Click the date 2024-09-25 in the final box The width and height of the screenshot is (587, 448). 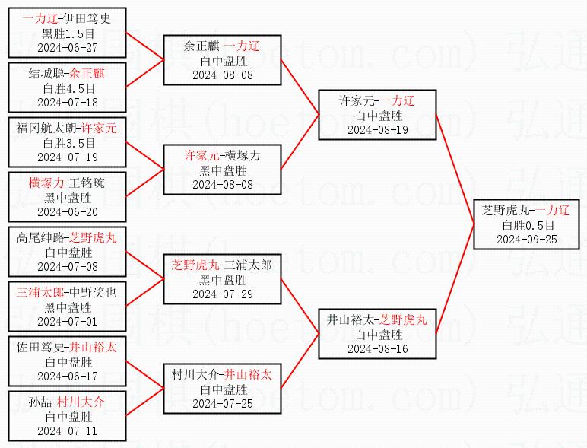(527, 239)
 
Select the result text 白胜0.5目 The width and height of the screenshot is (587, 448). (527, 225)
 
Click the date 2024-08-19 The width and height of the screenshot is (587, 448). (377, 130)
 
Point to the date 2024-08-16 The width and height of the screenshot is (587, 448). (377, 348)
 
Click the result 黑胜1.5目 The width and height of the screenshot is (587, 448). (68, 33)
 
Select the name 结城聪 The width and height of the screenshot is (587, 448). (46, 74)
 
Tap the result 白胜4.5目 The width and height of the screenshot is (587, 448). (68, 88)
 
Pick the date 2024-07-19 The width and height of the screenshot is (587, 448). (68, 157)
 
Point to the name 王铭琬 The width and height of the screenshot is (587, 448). (90, 183)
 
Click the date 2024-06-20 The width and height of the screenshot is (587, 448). (68, 211)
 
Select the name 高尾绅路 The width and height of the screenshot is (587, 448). (40, 238)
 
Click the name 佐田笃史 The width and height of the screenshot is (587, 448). (40, 348)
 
